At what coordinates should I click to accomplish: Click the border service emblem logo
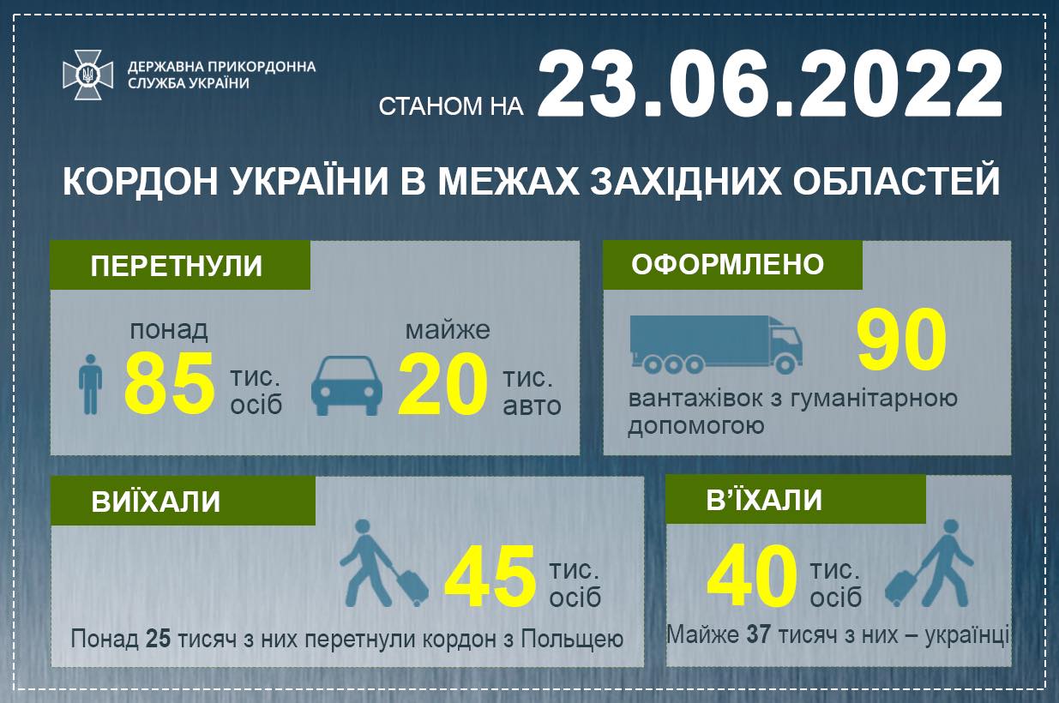pyautogui.click(x=88, y=75)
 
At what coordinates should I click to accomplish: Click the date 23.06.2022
pyautogui.click(x=770, y=83)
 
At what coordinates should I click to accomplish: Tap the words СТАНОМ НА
pyautogui.click(x=451, y=106)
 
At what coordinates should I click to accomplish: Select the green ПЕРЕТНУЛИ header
pyautogui.click(x=180, y=265)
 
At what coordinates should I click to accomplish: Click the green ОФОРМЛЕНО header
pyautogui.click(x=732, y=265)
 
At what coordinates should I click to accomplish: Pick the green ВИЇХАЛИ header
pyautogui.click(x=183, y=502)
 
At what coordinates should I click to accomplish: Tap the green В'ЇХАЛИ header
pyautogui.click(x=796, y=500)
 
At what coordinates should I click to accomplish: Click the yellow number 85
pyautogui.click(x=169, y=383)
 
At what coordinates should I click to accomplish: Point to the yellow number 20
pyautogui.click(x=442, y=383)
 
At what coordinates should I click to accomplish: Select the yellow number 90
pyautogui.click(x=901, y=339)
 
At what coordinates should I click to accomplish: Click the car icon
pyautogui.click(x=346, y=385)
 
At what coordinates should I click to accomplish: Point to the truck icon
pyautogui.click(x=716, y=345)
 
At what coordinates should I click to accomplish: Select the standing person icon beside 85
pyautogui.click(x=90, y=384)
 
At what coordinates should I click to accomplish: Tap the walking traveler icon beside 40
pyautogui.click(x=929, y=563)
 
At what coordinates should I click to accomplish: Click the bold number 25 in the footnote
pyautogui.click(x=158, y=639)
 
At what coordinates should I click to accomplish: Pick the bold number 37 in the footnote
pyautogui.click(x=759, y=634)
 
